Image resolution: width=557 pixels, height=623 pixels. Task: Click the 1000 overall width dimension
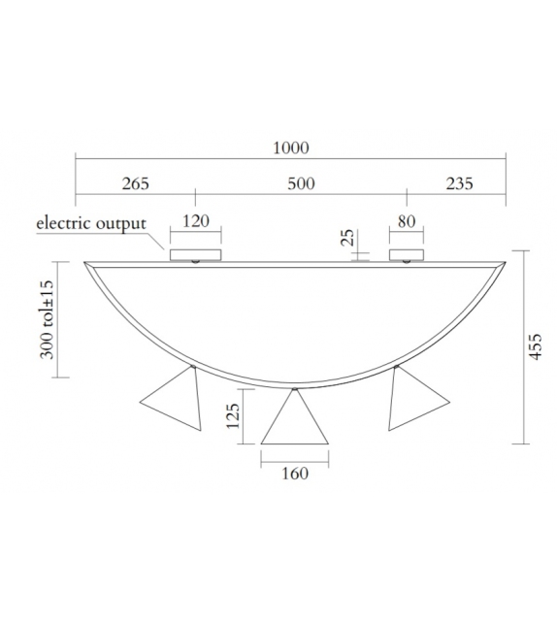point(291,148)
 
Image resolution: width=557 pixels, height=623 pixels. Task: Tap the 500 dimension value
point(301,183)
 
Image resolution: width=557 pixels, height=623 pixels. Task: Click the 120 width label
point(196,221)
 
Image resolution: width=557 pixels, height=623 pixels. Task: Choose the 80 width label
point(406,221)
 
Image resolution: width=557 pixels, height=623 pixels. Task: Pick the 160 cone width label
point(294,474)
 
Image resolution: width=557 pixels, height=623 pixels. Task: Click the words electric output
point(90,223)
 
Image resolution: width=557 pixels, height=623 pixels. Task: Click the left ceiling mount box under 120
point(195,255)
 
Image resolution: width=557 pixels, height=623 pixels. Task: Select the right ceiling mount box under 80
point(407,255)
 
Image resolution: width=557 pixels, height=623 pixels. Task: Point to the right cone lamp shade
point(413,401)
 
